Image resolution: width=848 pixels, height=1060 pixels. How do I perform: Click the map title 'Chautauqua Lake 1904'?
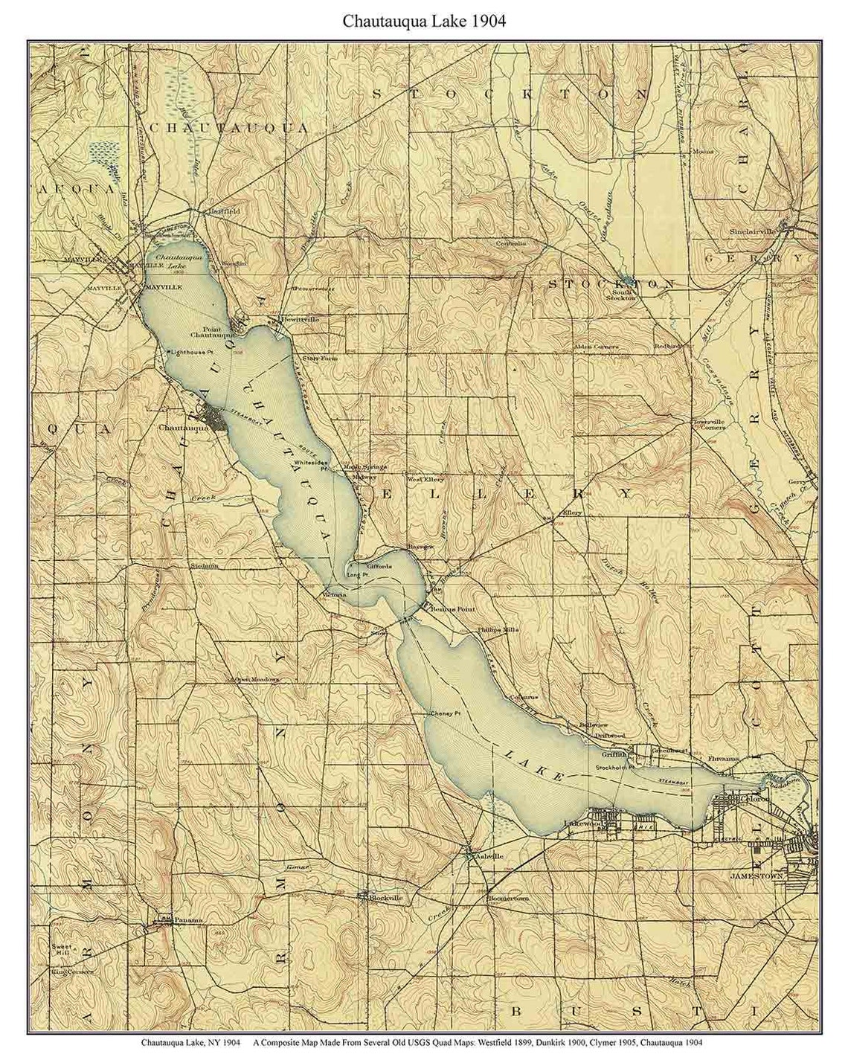tap(423, 21)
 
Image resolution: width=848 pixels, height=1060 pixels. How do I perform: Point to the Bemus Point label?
tap(453, 608)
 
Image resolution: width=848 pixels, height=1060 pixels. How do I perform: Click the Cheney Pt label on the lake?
tap(446, 713)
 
